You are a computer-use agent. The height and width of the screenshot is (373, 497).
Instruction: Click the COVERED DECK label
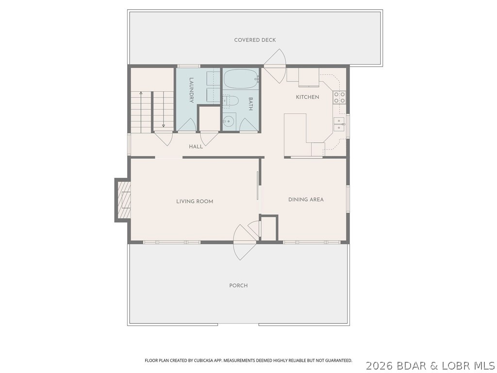click(255, 40)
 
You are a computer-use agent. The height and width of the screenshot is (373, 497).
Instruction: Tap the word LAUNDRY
click(192, 90)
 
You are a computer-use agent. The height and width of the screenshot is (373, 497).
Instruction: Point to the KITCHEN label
click(308, 97)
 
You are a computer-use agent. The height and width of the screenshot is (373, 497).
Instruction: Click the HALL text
click(196, 147)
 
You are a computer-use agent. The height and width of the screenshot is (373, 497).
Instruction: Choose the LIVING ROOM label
click(195, 201)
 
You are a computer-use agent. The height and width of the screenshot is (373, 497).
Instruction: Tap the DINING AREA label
click(306, 200)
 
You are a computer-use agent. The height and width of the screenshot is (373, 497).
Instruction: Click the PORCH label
click(238, 286)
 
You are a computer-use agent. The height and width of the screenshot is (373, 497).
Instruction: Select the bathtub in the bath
click(241, 78)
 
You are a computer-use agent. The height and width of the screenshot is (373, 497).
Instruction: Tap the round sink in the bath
click(229, 121)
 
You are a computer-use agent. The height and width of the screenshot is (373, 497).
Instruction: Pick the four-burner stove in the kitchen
click(339, 97)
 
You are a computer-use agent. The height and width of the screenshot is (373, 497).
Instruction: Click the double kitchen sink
click(339, 124)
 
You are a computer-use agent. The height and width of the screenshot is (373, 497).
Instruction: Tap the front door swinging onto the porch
click(244, 241)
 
